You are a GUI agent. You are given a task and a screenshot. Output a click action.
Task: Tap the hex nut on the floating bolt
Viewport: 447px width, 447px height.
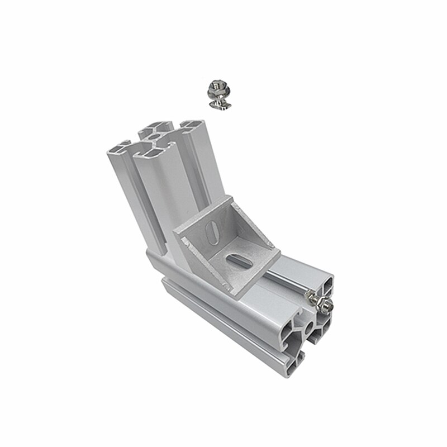[x=216, y=87]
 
